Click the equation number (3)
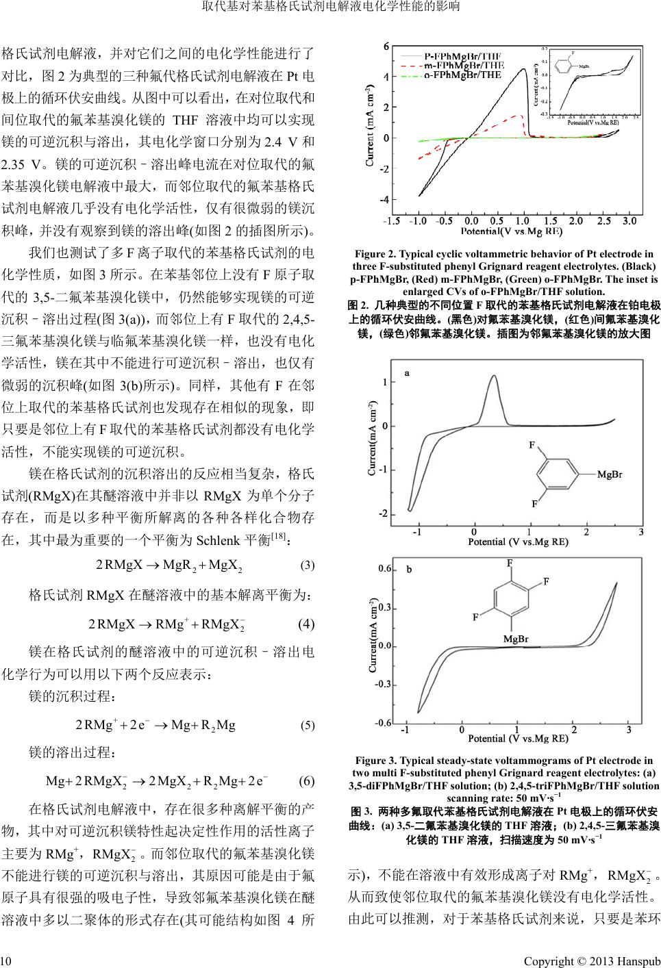[308, 565]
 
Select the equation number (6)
[307, 782]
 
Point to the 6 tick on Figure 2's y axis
[386, 46]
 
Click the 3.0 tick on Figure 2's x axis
[629, 221]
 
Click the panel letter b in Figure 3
[409, 569]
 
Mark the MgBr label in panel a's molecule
[609, 474]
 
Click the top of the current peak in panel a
[492, 385]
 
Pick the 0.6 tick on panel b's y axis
[385, 569]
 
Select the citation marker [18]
[279, 534]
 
